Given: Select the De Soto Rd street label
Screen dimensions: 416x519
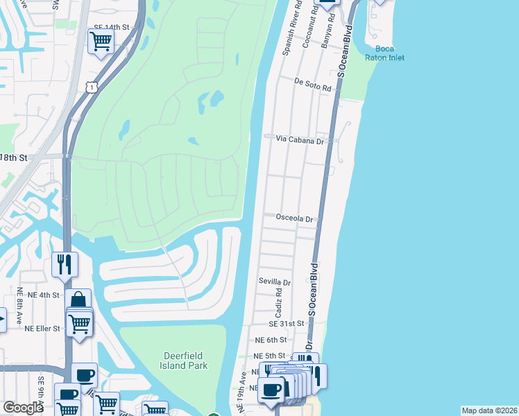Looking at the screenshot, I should coord(309,81).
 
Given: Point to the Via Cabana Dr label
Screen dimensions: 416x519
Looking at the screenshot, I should coord(300,139).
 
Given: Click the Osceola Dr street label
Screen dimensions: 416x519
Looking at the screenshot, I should coord(295,218).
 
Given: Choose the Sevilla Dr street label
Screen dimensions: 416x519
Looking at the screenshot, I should coord(275,282).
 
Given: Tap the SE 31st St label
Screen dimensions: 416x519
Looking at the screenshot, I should coord(287,324).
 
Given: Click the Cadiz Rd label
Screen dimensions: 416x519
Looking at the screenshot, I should coord(278,301).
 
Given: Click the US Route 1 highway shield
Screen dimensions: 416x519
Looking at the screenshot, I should coord(91,86).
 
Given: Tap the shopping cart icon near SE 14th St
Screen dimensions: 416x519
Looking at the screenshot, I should coord(101,42).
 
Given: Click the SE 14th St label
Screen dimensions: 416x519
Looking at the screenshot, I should coord(112,26).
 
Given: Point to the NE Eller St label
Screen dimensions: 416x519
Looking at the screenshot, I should coord(42,328).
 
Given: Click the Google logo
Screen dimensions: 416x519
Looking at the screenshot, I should coord(24,407).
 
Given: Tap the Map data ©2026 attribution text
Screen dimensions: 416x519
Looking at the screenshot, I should coord(488,410).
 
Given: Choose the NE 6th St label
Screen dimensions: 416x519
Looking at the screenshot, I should coord(271,340).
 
